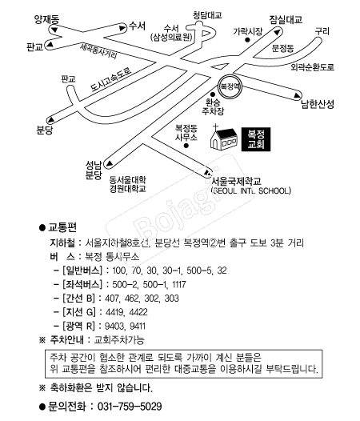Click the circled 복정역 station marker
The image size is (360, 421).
230,86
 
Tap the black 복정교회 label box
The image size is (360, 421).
255,139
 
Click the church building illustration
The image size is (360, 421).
224,137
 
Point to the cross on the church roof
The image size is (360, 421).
215,127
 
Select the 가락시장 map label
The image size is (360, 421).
247,32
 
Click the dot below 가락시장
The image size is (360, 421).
247,40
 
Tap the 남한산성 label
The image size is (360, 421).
318,104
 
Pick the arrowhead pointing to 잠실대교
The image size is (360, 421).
277,33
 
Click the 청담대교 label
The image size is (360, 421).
207,15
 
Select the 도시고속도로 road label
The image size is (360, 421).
111,79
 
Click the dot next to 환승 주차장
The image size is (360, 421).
213,94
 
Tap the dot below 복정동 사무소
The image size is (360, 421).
186,146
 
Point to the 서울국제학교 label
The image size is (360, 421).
236,181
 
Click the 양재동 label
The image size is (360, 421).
46,19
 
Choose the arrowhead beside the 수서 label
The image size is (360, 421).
122,28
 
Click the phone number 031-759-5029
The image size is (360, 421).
130,407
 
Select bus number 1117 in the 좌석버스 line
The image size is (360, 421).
178,284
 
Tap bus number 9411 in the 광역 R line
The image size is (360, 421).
138,327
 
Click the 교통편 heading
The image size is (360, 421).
62,227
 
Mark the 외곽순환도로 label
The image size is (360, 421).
313,67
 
